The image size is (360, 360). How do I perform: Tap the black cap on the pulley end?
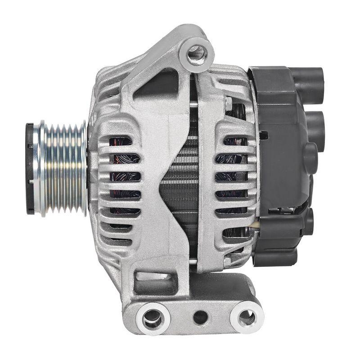[30, 168]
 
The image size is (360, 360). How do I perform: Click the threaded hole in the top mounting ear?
[197, 54]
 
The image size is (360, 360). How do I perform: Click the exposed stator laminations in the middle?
[180, 180]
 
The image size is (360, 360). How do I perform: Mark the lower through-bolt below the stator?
[193, 261]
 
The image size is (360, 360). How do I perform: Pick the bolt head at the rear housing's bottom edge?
[228, 261]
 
